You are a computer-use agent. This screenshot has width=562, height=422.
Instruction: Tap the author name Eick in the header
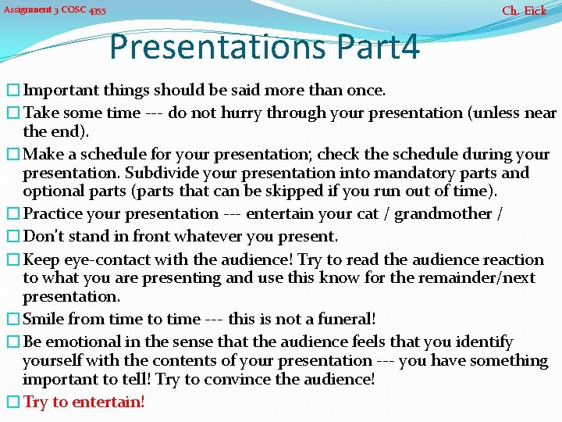535,11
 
